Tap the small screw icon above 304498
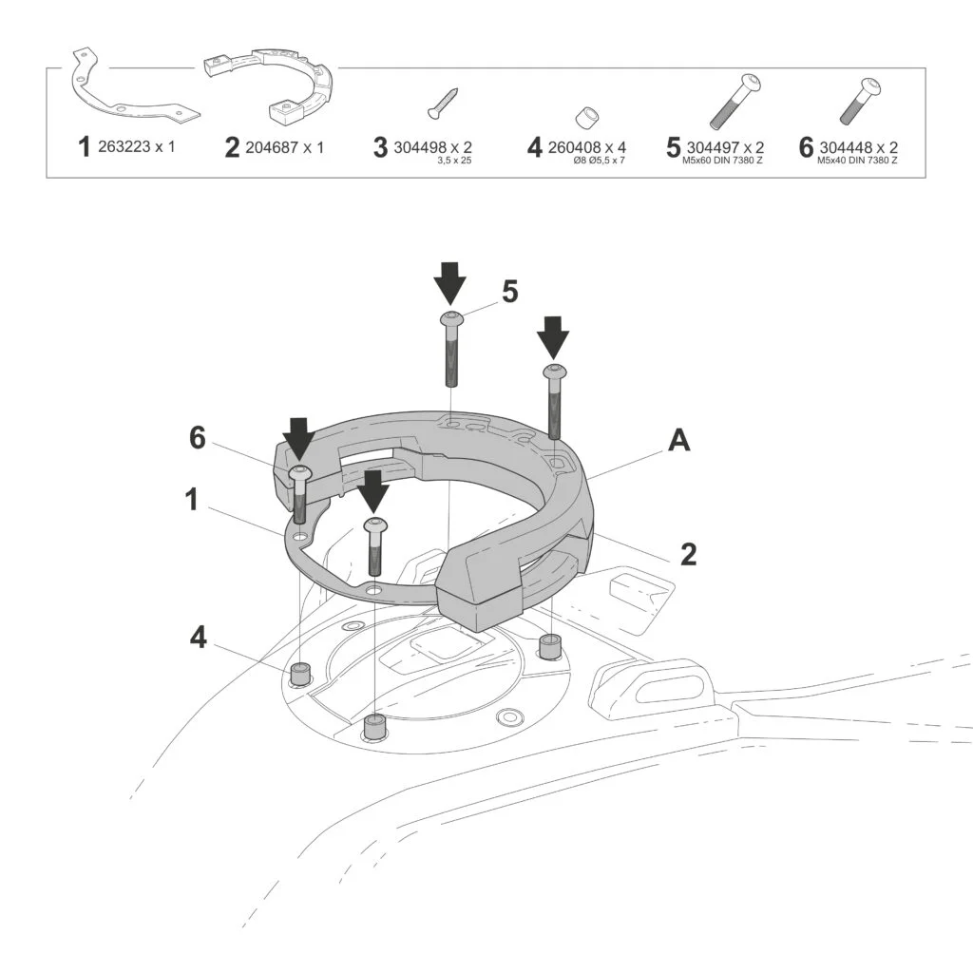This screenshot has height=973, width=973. coord(444,103)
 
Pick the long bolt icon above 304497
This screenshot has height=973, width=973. coord(735,101)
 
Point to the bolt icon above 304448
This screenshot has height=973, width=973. coord(860,103)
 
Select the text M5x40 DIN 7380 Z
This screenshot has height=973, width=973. coord(857,161)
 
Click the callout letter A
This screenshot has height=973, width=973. coord(678,440)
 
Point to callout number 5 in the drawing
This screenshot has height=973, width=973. coord(510,292)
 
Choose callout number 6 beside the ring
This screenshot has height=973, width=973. coord(197,438)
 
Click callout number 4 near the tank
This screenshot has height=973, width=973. coord(198,638)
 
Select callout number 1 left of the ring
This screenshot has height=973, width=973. coord(192,499)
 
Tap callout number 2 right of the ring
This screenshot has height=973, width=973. coord(689,553)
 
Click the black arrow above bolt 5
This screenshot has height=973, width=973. coord(449,282)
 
